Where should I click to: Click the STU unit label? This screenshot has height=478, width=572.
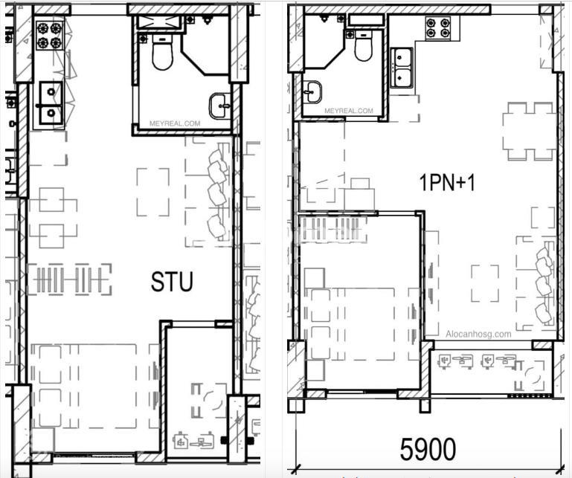click(x=172, y=282)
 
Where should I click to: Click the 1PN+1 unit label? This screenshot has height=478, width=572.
click(x=447, y=182)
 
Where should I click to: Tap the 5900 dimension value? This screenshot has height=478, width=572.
click(x=428, y=449)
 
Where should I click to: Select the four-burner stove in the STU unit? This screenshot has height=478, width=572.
click(x=50, y=35)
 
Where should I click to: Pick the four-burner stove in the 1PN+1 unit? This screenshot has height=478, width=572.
click(x=438, y=28)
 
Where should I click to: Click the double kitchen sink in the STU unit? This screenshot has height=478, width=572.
click(x=51, y=103)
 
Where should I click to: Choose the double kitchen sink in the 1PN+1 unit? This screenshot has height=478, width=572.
click(x=402, y=68)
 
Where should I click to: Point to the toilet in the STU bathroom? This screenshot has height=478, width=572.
click(x=162, y=52)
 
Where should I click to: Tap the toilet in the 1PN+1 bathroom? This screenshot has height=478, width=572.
click(x=363, y=46)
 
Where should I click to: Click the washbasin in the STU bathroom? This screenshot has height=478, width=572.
click(x=220, y=106)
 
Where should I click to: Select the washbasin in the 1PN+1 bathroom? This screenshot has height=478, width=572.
click(x=312, y=92)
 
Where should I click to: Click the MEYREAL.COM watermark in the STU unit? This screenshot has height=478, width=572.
click(x=175, y=123)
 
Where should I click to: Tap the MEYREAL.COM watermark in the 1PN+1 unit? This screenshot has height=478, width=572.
click(x=349, y=111)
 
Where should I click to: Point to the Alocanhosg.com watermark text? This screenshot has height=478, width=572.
click(x=478, y=334)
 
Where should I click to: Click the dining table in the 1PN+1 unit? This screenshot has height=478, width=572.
click(x=530, y=132)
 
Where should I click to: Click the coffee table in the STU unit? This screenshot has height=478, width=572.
click(x=153, y=192)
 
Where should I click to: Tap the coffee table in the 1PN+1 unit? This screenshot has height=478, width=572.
click(x=485, y=283)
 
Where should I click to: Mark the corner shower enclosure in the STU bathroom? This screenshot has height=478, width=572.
click(x=205, y=45)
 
